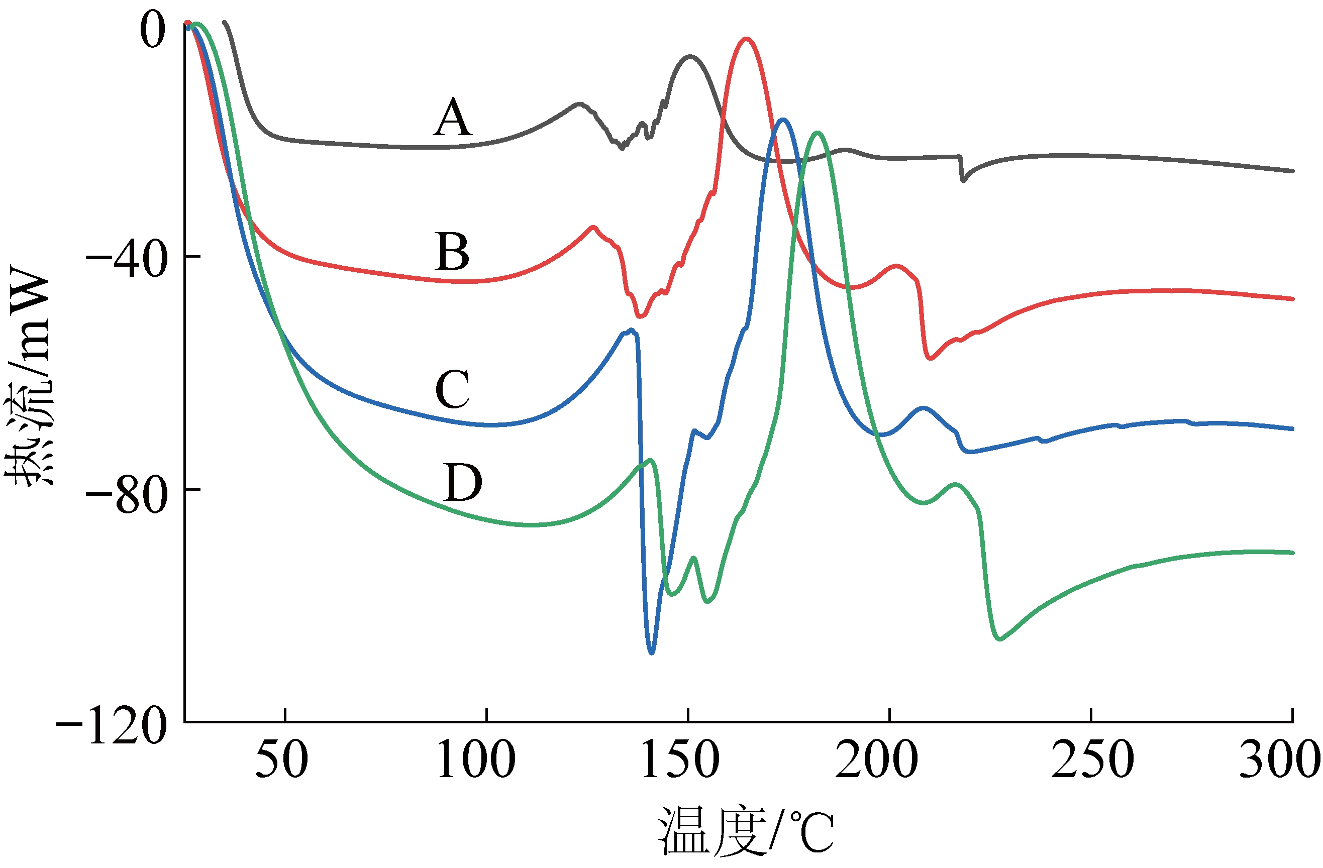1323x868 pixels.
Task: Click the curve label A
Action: (x=453, y=118)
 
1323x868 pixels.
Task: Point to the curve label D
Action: (x=462, y=483)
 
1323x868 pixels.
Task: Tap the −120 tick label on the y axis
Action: (x=112, y=725)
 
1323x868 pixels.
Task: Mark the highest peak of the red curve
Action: (x=746, y=39)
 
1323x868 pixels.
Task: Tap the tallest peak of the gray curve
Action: (x=690, y=56)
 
